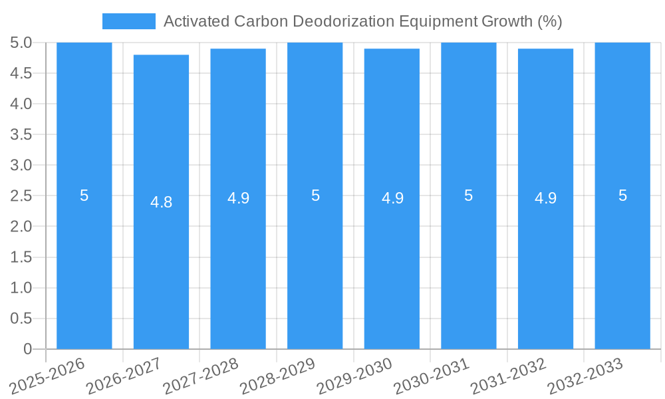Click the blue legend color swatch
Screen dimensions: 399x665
tap(128, 21)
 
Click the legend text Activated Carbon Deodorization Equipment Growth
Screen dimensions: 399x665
tap(362, 21)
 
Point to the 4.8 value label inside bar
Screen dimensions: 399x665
tap(161, 202)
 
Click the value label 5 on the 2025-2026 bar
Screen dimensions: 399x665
tap(84, 196)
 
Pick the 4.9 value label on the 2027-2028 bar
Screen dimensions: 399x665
tap(238, 198)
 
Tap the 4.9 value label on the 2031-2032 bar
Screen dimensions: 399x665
tap(545, 198)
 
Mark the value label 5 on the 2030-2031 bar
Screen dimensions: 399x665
tap(469, 196)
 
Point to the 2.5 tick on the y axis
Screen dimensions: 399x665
tap(21, 196)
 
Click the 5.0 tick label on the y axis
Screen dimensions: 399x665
tap(21, 43)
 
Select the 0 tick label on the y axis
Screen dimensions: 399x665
tap(27, 349)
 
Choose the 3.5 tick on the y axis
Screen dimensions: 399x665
tap(21, 135)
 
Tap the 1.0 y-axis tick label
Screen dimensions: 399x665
tap(21, 288)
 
